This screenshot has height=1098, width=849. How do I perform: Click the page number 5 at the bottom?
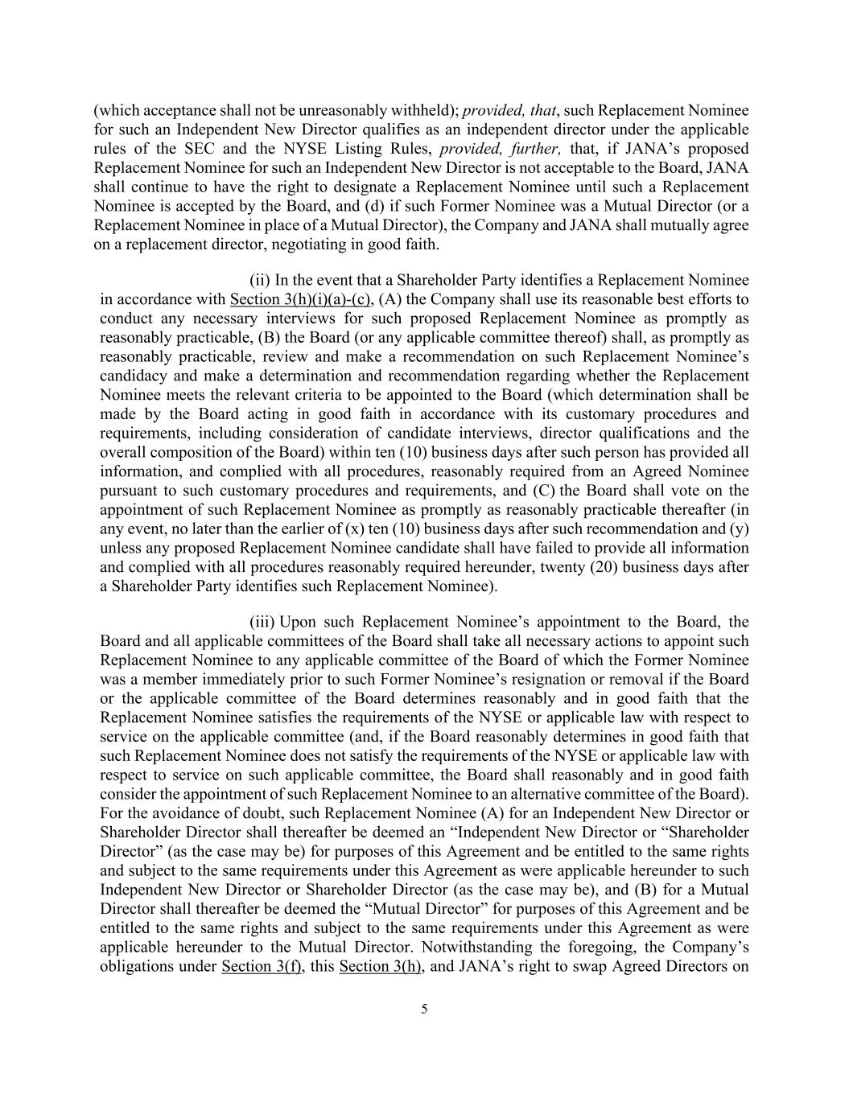coord(424,1010)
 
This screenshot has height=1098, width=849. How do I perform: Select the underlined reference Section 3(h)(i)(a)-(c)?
coord(299,300)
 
